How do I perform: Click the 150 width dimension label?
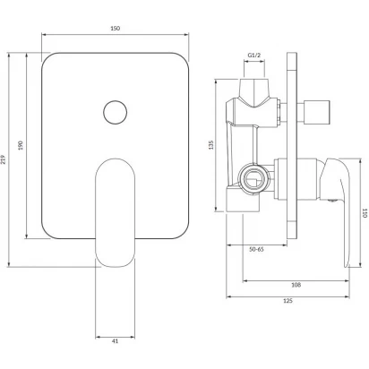pos(116,29)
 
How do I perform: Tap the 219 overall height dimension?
pos(4,159)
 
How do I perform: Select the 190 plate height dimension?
pos(21,145)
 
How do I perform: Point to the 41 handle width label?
pos(116,341)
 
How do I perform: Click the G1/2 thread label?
pos(254,56)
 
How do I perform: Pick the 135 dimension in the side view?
pos(211,145)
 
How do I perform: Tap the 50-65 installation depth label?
pos(256,249)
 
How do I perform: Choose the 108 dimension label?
pos(296,285)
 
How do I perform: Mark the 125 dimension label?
pos(287,301)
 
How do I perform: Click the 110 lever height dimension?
pos(365,213)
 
